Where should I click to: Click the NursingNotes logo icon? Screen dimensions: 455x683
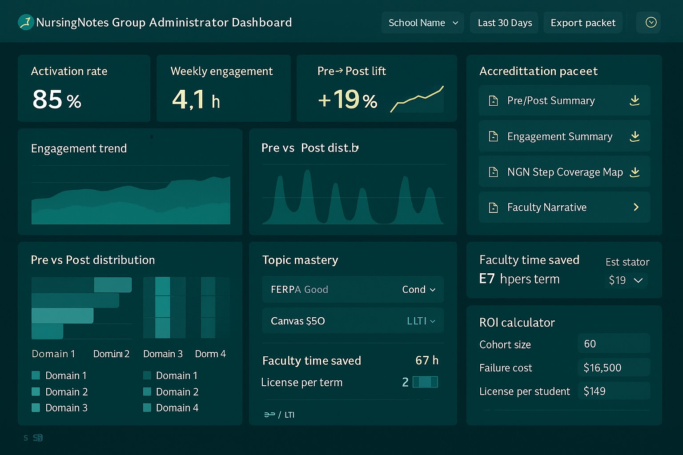[x=26, y=22]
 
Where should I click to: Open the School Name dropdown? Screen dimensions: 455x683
[x=422, y=23]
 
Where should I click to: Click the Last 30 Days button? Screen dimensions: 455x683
[x=505, y=23]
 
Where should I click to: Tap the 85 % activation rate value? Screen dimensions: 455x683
[x=57, y=100]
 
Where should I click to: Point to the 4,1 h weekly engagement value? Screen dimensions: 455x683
[x=196, y=100]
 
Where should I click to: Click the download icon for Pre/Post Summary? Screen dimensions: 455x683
[x=635, y=100]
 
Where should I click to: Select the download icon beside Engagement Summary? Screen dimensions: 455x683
[x=635, y=136]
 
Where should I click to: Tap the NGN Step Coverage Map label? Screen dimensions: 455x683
[x=565, y=172]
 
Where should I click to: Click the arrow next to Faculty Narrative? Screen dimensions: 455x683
[x=636, y=207]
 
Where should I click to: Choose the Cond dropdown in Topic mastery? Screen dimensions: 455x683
[x=418, y=290]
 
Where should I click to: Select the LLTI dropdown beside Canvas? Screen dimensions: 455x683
[x=421, y=321]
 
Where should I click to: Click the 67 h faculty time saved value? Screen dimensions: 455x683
[x=426, y=360]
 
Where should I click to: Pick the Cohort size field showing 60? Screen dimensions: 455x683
[x=614, y=344]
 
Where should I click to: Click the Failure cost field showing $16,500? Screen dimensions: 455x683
[x=614, y=367]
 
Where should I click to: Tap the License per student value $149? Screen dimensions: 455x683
[x=614, y=391]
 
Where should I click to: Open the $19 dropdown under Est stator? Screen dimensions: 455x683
[x=626, y=280]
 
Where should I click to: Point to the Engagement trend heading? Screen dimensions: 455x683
[x=79, y=148]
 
